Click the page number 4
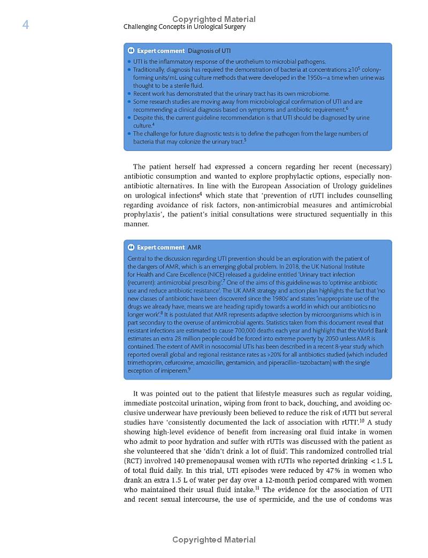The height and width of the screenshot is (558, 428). coord(25,25)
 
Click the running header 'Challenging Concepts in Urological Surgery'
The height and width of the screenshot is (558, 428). coord(185,27)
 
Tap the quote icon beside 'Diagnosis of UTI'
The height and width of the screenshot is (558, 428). coord(131,51)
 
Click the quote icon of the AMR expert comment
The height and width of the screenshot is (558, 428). coord(131,247)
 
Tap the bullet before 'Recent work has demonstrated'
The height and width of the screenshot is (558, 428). coord(129,94)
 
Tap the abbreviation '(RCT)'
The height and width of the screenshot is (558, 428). coord(133,461)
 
